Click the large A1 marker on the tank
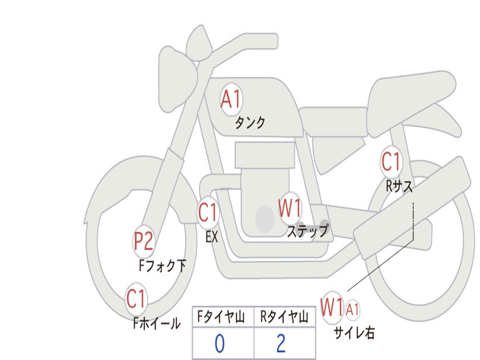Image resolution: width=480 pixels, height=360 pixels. click(x=231, y=99)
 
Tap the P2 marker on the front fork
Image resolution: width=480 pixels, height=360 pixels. click(x=143, y=241)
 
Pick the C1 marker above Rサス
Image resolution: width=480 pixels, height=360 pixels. click(x=391, y=162)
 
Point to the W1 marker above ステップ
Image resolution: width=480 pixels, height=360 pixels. click(x=290, y=209)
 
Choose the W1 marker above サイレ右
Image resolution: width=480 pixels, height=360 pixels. click(x=332, y=308)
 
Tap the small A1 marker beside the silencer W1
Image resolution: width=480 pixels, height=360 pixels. click(x=353, y=309)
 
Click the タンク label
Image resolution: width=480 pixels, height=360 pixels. click(x=250, y=123)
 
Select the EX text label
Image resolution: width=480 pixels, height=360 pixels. click(x=212, y=237)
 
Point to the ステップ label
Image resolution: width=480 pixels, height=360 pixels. click(x=307, y=232)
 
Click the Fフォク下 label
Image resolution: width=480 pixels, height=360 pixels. click(x=162, y=266)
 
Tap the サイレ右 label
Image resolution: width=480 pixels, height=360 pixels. click(x=354, y=332)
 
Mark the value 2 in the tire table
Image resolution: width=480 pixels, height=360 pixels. click(x=281, y=344)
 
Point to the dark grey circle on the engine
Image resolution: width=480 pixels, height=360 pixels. click(x=265, y=219)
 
